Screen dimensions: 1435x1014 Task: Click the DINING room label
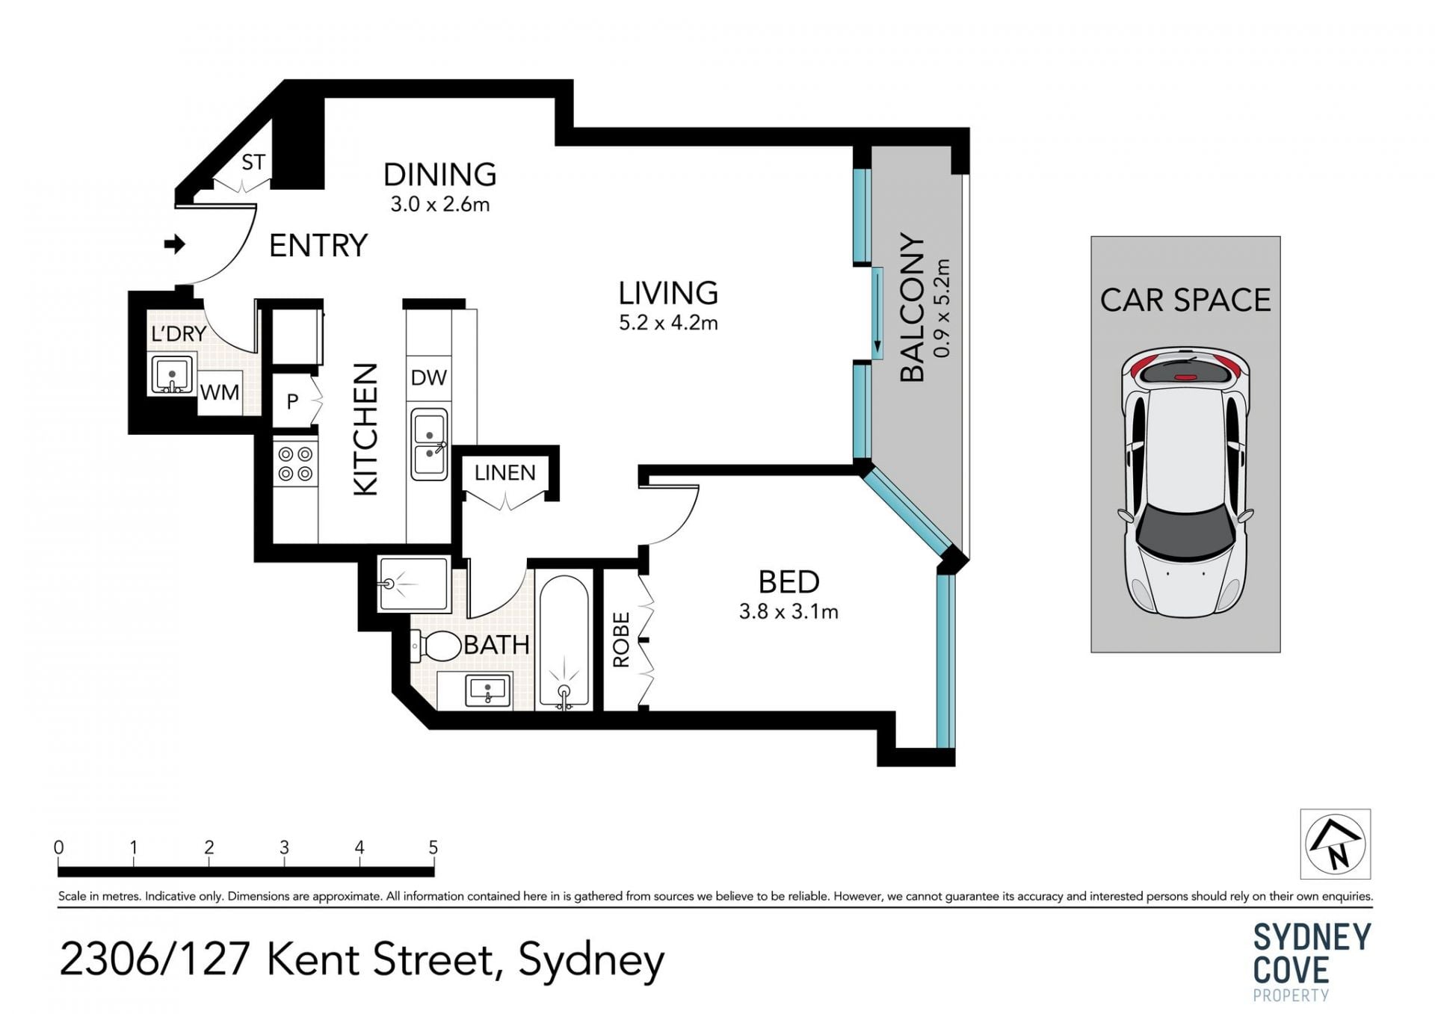439,175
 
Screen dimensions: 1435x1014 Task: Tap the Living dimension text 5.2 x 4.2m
668,323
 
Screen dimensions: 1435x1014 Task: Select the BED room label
789,581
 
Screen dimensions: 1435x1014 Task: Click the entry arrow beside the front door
175,244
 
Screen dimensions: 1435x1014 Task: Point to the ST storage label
253,162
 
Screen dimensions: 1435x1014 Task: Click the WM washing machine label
220,392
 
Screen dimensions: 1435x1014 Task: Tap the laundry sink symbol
172,374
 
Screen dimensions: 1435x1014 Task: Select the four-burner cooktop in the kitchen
295,463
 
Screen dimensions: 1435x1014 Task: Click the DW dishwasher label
429,377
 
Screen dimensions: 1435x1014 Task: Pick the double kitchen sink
429,444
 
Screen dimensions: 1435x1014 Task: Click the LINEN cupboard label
505,472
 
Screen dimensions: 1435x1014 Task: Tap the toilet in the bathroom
436,646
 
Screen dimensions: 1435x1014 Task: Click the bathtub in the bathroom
564,642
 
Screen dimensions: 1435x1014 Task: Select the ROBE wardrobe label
622,640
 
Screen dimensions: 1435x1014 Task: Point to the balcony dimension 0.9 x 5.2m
942,308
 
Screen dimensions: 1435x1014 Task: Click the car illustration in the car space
1185,482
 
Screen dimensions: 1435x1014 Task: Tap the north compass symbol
1336,844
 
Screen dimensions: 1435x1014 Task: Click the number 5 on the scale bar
433,847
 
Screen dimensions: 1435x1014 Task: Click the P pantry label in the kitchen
292,401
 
